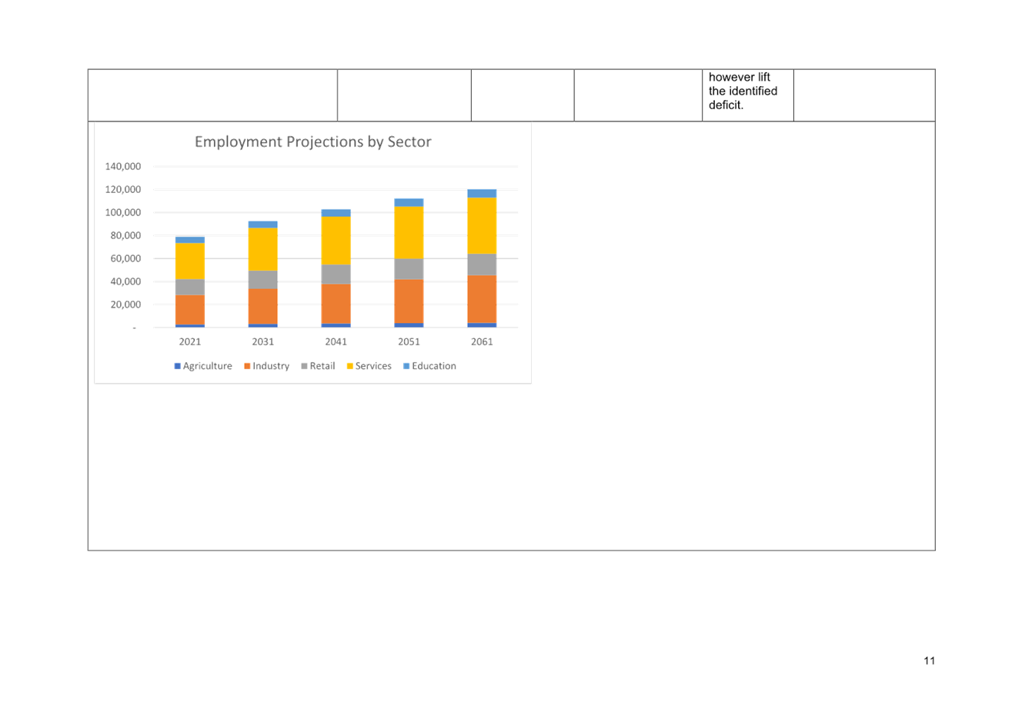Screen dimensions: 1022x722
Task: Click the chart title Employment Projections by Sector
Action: pos(313,142)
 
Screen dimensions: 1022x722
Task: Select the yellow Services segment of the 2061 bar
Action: pos(482,225)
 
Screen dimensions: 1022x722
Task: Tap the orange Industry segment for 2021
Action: pos(190,310)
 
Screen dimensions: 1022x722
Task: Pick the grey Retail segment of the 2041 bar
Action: pos(336,274)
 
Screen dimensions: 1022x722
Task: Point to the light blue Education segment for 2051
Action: pos(409,202)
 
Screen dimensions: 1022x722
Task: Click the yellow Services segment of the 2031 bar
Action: pos(262,249)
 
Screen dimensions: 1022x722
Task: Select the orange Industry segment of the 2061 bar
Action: pos(482,299)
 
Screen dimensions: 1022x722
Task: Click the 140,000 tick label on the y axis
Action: pos(123,166)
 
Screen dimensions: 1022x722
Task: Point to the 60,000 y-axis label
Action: pos(126,258)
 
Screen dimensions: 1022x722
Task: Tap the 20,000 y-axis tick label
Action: pos(126,304)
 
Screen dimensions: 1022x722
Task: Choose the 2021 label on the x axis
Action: pos(190,342)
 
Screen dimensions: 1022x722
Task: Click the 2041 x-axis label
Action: pos(336,342)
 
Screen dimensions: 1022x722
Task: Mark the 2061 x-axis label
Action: pos(482,342)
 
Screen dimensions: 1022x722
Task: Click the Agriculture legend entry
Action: pos(203,366)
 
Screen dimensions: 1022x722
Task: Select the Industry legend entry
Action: pos(267,366)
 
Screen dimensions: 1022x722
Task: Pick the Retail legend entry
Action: pos(319,366)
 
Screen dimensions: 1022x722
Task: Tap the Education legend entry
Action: pos(429,366)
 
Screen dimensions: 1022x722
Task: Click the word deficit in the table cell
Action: pos(726,105)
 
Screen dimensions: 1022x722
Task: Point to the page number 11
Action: pos(930,661)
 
